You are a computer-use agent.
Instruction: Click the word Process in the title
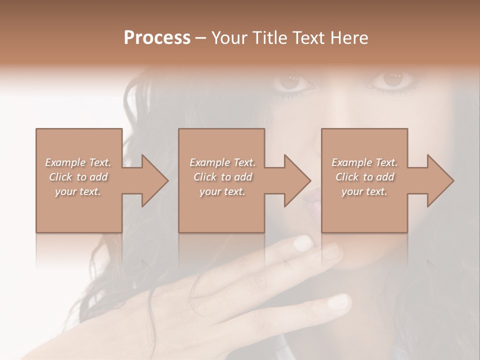157,38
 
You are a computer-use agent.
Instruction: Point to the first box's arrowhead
150,180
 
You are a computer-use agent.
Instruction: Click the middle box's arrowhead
293,180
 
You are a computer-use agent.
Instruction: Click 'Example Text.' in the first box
78,162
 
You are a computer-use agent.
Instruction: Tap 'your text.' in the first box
78,191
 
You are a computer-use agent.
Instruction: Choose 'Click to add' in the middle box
222,177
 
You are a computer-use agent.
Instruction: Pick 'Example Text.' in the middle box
222,162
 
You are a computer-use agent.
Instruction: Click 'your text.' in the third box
364,191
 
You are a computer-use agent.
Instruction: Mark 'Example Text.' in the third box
364,162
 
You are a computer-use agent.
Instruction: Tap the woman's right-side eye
392,79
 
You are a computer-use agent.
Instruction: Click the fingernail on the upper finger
302,243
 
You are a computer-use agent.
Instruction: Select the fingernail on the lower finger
339,301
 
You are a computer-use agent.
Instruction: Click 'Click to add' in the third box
364,177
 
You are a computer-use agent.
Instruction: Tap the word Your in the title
228,38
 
